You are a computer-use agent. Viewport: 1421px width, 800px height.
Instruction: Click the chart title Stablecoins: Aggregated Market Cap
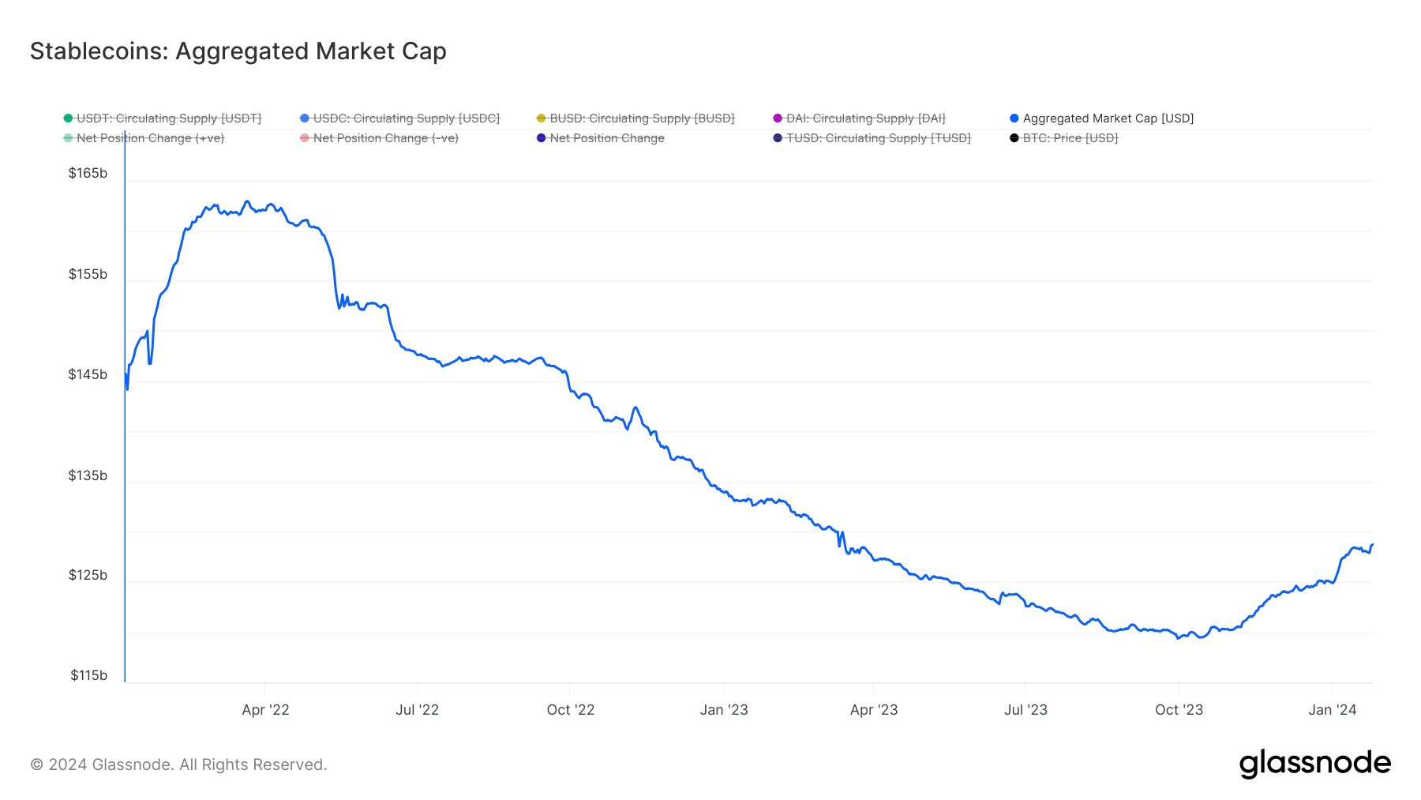(238, 51)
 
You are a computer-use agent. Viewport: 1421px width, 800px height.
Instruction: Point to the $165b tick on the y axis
(88, 173)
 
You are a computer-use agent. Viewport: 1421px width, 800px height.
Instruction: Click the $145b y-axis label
(88, 374)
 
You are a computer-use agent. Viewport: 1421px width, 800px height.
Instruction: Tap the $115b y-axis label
(88, 675)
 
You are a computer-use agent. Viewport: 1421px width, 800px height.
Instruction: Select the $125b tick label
(88, 575)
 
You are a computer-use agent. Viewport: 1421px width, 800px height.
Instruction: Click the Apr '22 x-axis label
(265, 710)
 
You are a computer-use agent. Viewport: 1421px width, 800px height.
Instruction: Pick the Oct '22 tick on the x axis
(570, 710)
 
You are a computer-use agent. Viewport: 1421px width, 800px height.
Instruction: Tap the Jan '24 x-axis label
(1332, 710)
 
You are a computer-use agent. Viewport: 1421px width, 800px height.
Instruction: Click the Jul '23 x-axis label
(1025, 710)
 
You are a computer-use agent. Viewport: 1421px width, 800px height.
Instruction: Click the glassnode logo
(1314, 764)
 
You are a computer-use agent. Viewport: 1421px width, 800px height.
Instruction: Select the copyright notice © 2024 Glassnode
(178, 764)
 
